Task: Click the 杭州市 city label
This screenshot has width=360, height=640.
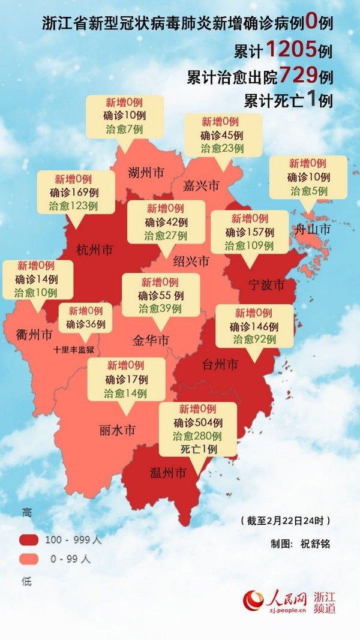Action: (94, 249)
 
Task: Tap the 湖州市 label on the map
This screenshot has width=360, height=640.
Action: (146, 174)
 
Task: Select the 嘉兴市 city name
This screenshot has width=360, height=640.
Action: (200, 185)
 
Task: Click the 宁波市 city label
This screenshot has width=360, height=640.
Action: (266, 284)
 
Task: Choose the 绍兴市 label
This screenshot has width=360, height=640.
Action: (191, 262)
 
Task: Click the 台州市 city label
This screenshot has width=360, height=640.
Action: (220, 364)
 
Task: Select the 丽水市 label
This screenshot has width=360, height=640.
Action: (117, 430)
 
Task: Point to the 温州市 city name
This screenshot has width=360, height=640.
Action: (168, 473)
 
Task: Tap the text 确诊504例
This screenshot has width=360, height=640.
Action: (198, 422)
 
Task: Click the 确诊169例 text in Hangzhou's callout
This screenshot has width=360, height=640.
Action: (76, 192)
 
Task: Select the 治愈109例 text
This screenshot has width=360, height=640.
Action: (249, 245)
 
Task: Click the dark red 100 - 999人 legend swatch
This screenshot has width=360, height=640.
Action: (31, 539)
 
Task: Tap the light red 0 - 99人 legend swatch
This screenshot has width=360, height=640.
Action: (31, 558)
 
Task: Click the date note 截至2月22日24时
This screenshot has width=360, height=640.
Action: (285, 519)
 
